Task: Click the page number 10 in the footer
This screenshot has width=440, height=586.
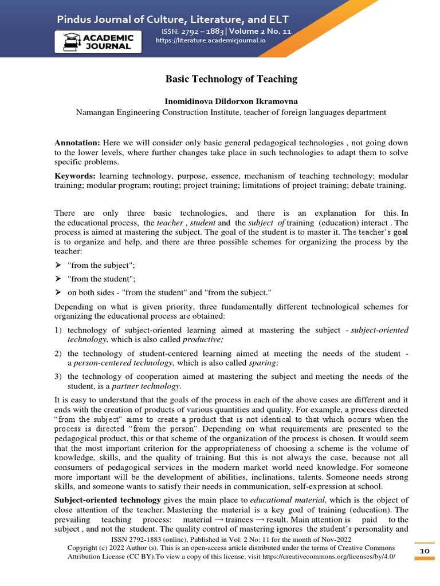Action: pyautogui.click(x=425, y=551)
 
